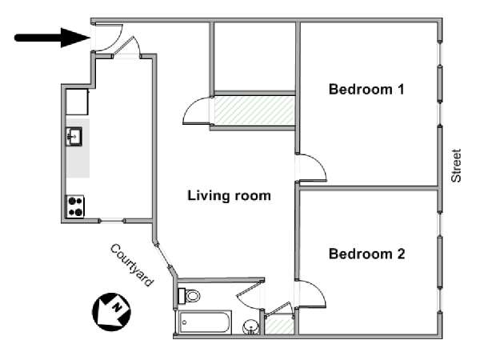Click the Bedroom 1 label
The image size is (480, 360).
pos(366,90)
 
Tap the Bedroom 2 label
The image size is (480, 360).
pos(366,254)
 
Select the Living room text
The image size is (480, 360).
pos(229,196)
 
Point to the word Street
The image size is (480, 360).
pos(456,166)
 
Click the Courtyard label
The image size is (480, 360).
pos(132,265)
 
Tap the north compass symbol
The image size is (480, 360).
pos(111,312)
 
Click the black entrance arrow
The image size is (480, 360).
pos(52,38)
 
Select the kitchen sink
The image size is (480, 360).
pos(74,136)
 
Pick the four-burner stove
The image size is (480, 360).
pos(75,206)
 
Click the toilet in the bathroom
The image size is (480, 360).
pos(189,296)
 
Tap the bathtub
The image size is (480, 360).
pos(205,322)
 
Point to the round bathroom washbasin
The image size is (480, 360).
pos(250,327)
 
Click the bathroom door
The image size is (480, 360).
pos(250,294)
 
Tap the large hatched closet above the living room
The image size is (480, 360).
pos(254,110)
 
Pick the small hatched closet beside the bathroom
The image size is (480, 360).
pos(279,325)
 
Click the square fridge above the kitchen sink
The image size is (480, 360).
pos(77,102)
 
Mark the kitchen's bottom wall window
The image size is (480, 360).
pos(112,221)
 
